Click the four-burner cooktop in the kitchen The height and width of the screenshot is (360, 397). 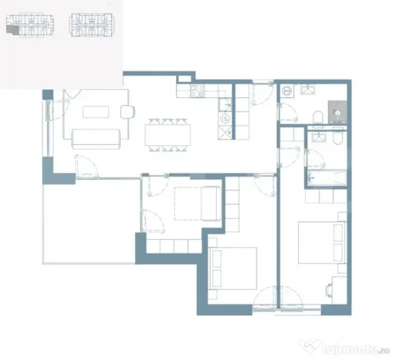(198, 91)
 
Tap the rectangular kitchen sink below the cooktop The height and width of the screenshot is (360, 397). (225, 104)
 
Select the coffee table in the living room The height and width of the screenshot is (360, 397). (96, 112)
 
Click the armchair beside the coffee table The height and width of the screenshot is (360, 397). (128, 112)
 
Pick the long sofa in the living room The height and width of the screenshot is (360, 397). (96, 139)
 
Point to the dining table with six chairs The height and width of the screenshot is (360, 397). (168, 135)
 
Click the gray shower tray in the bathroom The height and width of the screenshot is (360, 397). (337, 112)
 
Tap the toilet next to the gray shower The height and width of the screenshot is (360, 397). (318, 117)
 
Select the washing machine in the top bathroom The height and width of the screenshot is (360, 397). (287, 90)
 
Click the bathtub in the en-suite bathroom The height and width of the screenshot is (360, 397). (327, 177)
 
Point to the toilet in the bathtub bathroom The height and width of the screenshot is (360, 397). (337, 138)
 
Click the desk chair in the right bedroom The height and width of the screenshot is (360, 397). (329, 290)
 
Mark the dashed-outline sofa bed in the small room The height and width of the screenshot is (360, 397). (198, 204)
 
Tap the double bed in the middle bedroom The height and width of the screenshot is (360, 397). (233, 268)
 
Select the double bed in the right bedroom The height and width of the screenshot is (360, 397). (323, 243)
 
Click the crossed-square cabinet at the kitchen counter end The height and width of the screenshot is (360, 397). (225, 133)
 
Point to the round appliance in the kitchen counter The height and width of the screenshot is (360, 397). (225, 118)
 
